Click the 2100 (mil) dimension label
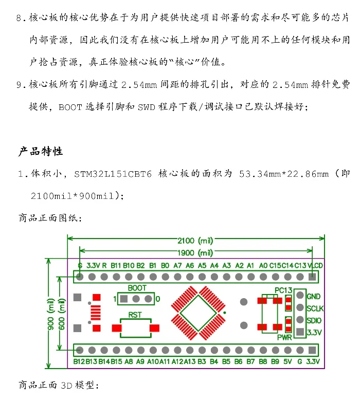[x=195, y=241]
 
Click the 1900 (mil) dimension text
[x=195, y=252]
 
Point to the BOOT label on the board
[x=137, y=288]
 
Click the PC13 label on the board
[x=283, y=290]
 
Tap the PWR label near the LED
[x=284, y=338]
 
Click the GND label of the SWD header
[x=313, y=297]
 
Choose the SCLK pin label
[x=315, y=308]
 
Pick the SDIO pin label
[x=314, y=320]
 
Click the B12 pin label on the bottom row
[x=79, y=361]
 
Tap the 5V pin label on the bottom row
[x=287, y=361]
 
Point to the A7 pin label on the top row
[x=177, y=266]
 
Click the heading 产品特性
[x=41, y=152]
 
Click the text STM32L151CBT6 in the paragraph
[x=113, y=174]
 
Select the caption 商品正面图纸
[x=49, y=218]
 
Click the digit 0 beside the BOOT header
[x=158, y=299]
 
